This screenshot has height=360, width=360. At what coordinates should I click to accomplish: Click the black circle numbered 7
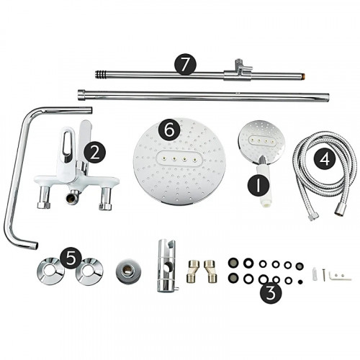185,65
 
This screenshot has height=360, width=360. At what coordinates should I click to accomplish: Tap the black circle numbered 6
169,130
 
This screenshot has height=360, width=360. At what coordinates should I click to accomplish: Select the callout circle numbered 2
94,153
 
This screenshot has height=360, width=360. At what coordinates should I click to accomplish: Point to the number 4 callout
325,160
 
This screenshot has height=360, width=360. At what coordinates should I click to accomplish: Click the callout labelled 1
258,186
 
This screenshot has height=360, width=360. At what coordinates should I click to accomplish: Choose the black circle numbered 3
271,293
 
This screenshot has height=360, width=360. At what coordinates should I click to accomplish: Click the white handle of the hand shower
264,185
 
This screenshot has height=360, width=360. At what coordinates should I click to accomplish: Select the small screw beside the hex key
323,274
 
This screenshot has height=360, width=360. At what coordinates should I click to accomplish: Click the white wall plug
315,274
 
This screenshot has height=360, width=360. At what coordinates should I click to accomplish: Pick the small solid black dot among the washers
300,282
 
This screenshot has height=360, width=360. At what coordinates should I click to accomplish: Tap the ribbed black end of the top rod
100,74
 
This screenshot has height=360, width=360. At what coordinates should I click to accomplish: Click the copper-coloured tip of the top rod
303,76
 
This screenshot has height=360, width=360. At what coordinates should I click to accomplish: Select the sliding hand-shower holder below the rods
167,265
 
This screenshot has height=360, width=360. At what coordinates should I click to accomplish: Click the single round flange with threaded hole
128,271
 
